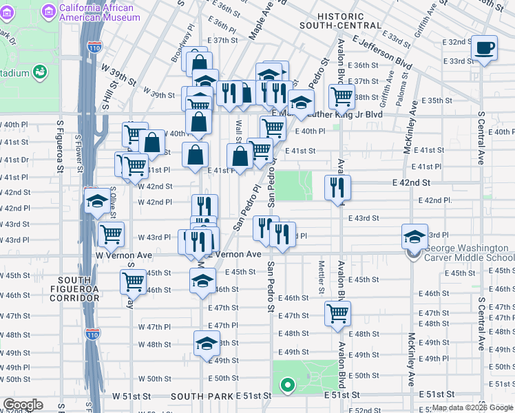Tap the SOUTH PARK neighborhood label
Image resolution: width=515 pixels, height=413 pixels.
pyautogui.click(x=202, y=396)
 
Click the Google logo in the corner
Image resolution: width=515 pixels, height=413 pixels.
pyautogui.click(x=23, y=405)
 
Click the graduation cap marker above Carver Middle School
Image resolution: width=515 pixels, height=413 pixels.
pyautogui.click(x=415, y=237)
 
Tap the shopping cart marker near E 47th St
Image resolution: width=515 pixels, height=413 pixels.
pyautogui.click(x=337, y=313)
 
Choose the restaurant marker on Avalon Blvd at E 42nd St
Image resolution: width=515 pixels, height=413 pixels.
pyautogui.click(x=337, y=187)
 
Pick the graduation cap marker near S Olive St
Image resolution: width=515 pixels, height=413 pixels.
pyautogui.click(x=97, y=201)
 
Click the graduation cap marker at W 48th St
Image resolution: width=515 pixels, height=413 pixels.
pyautogui.click(x=207, y=343)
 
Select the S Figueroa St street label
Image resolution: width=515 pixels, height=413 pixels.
pyautogui.click(x=61, y=147)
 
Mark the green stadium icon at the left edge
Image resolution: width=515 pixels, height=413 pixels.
pyautogui.click(x=40, y=72)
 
